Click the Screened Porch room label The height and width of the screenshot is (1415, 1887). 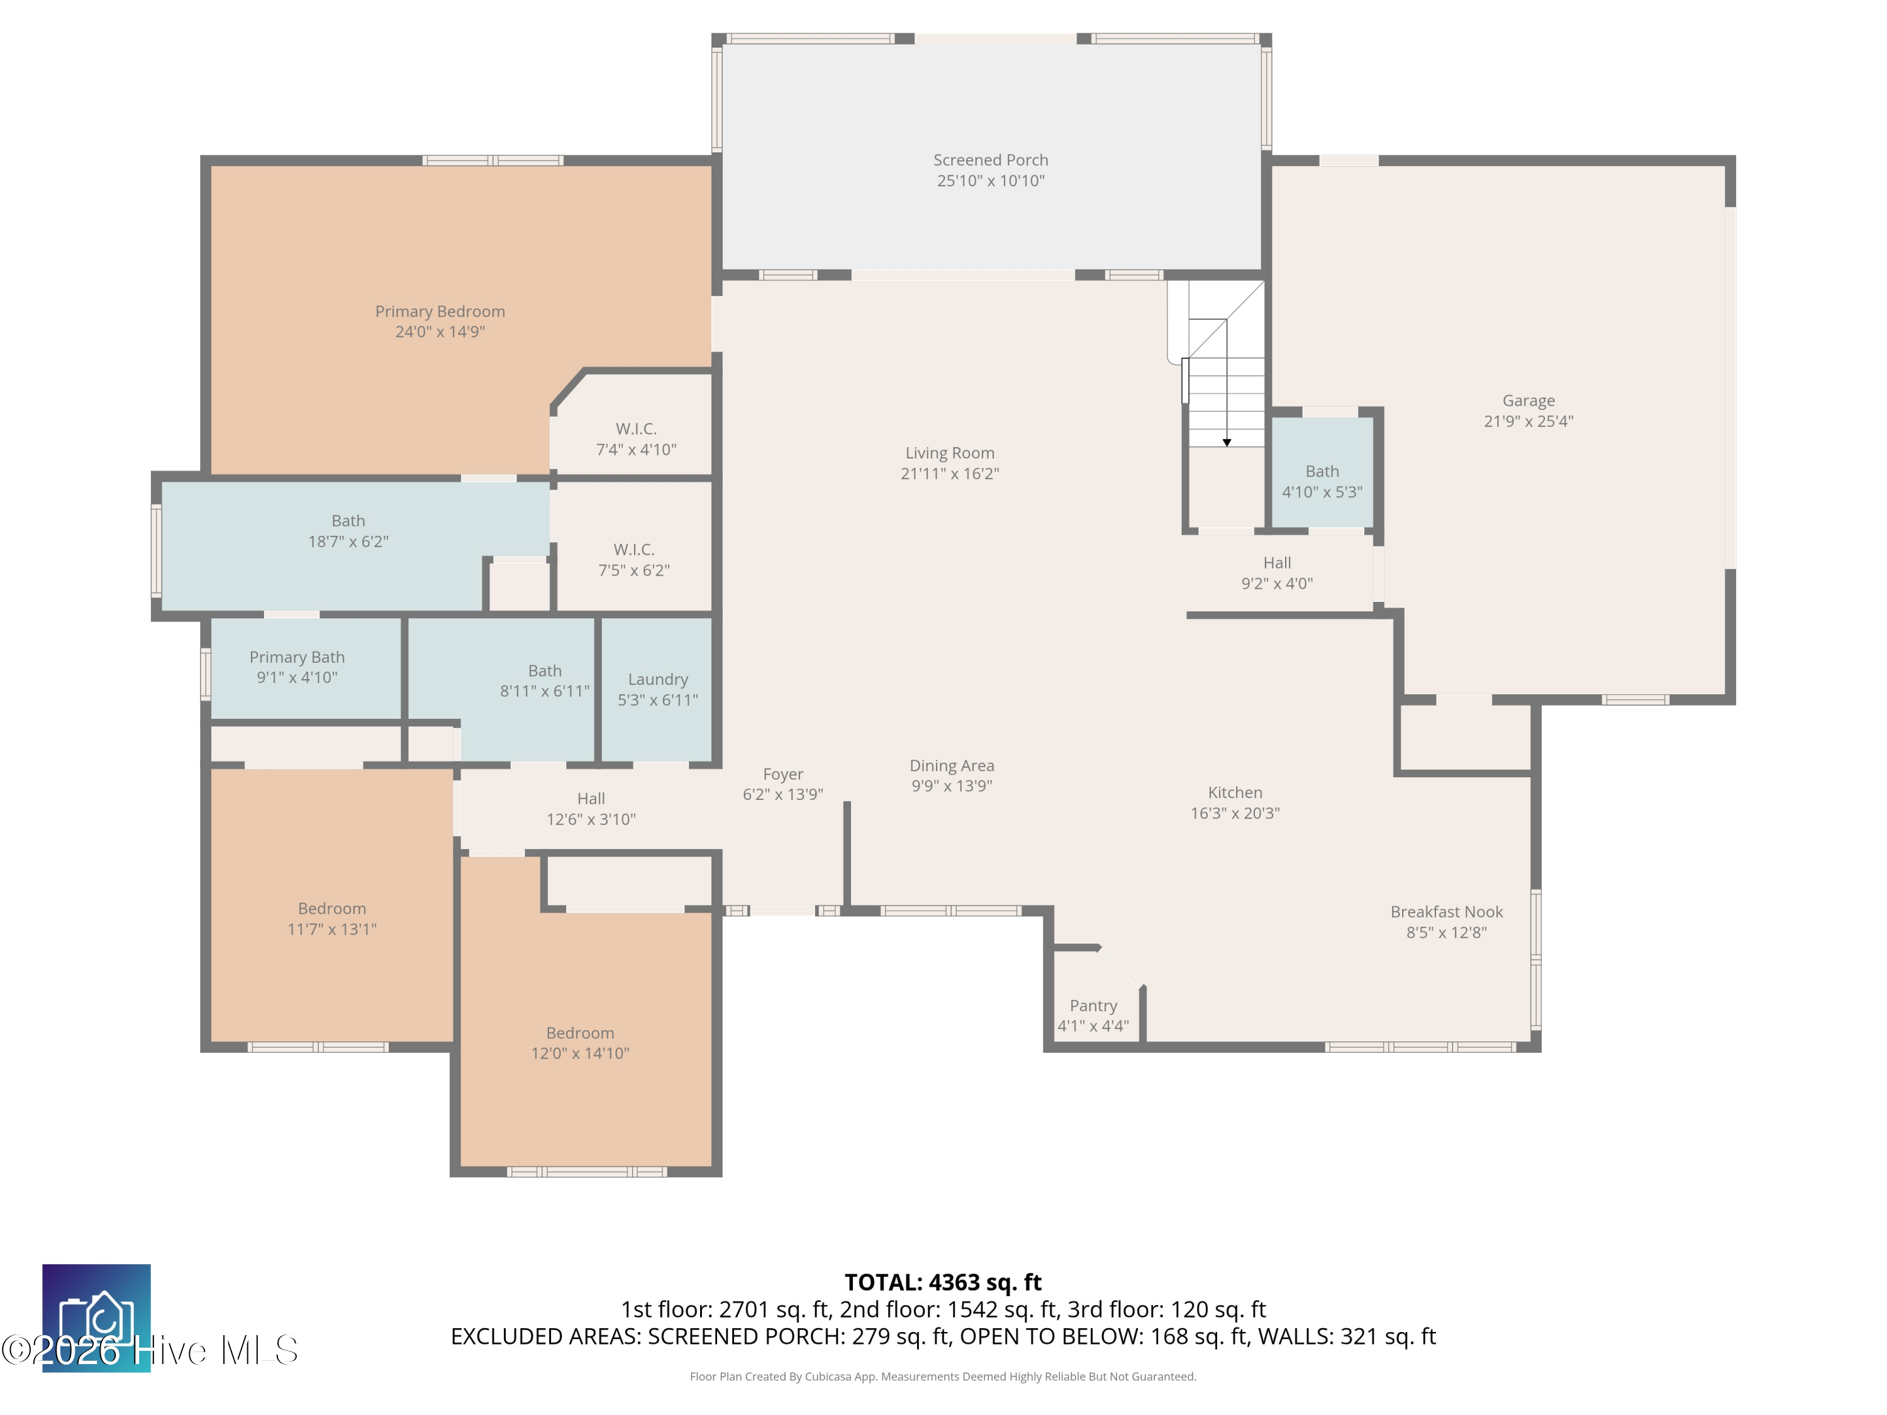tap(991, 160)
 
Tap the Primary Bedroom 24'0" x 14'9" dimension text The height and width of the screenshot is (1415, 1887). tap(440, 332)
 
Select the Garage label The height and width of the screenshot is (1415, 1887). tap(1528, 401)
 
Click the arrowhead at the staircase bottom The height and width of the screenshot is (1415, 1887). tap(1227, 443)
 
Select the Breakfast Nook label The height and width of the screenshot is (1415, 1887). tap(1447, 912)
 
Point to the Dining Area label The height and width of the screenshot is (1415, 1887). tap(952, 766)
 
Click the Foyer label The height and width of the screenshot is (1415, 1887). tap(783, 774)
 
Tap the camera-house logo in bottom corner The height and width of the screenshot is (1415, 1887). tap(96, 1318)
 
